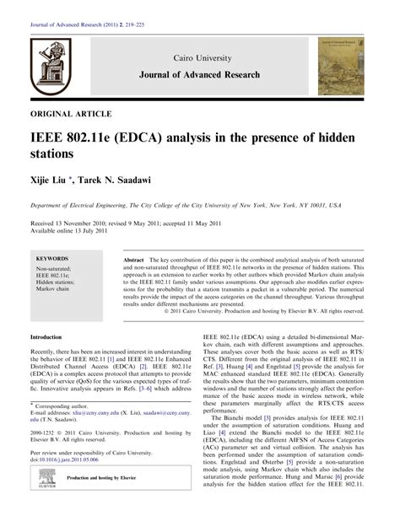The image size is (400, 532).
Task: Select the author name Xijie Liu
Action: tap(52, 180)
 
